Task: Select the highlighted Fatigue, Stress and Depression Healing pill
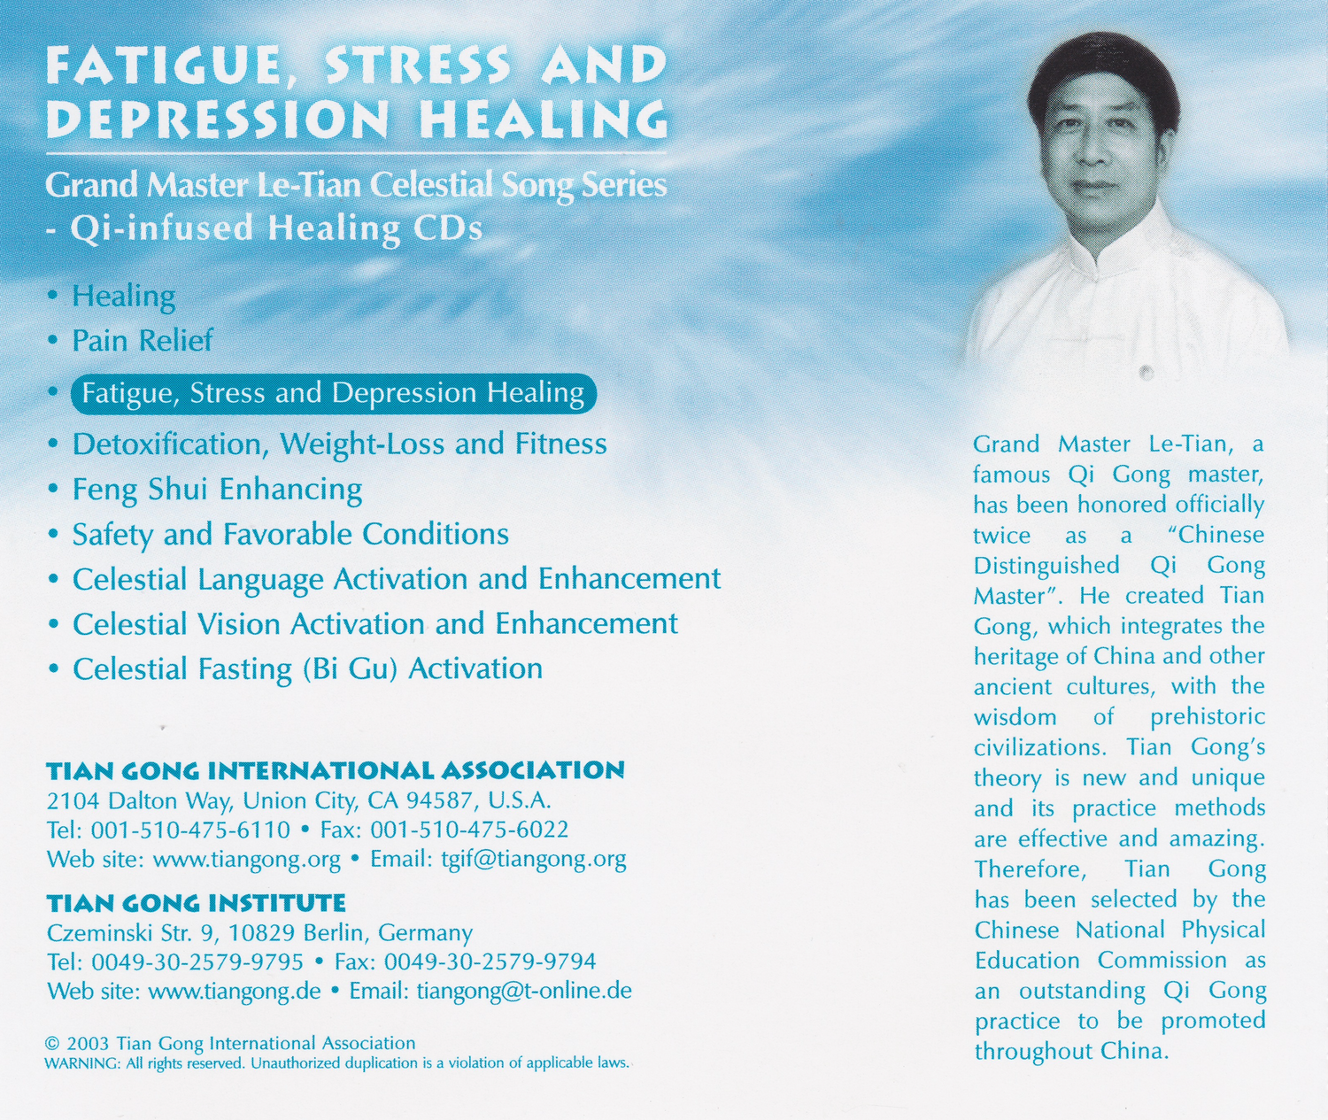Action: coord(333,393)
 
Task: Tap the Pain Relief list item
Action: coord(142,340)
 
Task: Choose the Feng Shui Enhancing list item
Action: coord(217,489)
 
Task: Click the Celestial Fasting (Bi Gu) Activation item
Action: coord(307,668)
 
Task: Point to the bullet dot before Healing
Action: coord(53,295)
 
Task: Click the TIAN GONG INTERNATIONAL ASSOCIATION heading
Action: coord(336,770)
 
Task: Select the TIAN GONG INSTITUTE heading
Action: coord(196,903)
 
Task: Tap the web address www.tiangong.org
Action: coord(247,859)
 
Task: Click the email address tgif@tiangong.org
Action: coord(533,859)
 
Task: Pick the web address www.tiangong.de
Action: coord(235,990)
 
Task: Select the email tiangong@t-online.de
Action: coord(524,990)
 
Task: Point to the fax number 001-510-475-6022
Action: coord(469,830)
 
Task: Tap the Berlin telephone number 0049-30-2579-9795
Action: coord(197,962)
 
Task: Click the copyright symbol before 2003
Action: coord(51,1044)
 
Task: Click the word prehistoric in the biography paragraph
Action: coord(1208,716)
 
